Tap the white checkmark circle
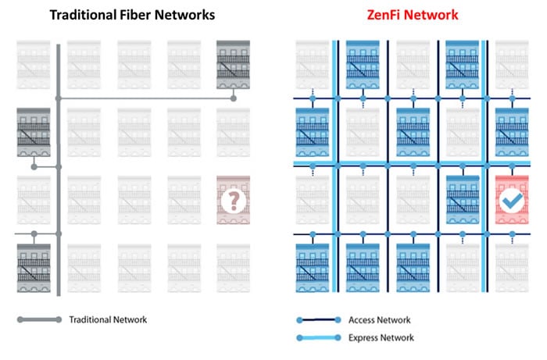pos(510,201)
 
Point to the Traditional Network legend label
pos(107,319)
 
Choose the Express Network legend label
pos(383,337)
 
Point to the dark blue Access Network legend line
pos(319,319)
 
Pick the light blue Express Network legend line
pos(319,337)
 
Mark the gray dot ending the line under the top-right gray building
pos(233,98)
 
